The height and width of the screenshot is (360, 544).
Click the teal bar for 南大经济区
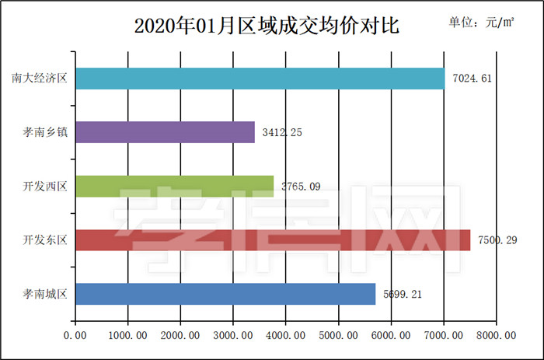pyautogui.click(x=260, y=78)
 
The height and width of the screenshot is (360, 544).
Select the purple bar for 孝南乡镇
pyautogui.click(x=165, y=132)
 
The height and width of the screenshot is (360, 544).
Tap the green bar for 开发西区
pyautogui.click(x=175, y=186)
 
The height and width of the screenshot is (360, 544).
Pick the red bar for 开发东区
pyautogui.click(x=272, y=240)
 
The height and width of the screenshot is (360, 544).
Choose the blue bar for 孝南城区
pyautogui.click(x=225, y=294)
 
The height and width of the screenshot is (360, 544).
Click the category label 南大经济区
pyautogui.click(x=40, y=78)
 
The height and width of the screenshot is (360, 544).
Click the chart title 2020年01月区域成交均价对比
pyautogui.click(x=267, y=26)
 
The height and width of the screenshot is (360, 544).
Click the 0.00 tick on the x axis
pyautogui.click(x=75, y=335)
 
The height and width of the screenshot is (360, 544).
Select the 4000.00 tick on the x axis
pyautogui.click(x=285, y=335)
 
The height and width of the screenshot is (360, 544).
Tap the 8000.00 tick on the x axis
pyautogui.click(x=496, y=335)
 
